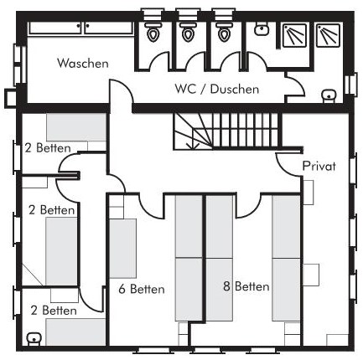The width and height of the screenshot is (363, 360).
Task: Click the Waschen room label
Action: pyautogui.click(x=83, y=63)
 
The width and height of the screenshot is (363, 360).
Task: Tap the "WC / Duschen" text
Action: pyautogui.click(x=217, y=89)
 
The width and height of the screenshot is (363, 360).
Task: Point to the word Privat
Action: pyautogui.click(x=319, y=166)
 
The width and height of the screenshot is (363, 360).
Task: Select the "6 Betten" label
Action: pyautogui.click(x=142, y=289)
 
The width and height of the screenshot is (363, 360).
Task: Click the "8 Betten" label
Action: pyautogui.click(x=246, y=286)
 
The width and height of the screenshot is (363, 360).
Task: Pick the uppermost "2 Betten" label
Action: pyautogui.click(x=48, y=147)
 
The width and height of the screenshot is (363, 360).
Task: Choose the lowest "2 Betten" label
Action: pyautogui.click(x=54, y=311)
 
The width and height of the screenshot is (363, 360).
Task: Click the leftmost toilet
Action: pyautogui.click(x=153, y=32)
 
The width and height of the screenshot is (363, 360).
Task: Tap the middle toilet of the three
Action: pyautogui.click(x=188, y=32)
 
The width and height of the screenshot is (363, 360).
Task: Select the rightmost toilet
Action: pyautogui.click(x=224, y=32)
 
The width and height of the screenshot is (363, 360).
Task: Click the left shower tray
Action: pyautogui.click(x=294, y=35)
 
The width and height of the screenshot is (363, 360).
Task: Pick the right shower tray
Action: pyautogui.click(x=328, y=34)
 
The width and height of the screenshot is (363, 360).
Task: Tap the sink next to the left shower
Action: pyautogui.click(x=262, y=29)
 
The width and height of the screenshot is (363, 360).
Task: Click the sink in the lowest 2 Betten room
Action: pyautogui.click(x=34, y=339)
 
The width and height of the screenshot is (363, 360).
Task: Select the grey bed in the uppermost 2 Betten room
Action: pyautogui.click(x=76, y=127)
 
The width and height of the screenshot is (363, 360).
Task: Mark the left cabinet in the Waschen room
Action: pyautogui.click(x=55, y=28)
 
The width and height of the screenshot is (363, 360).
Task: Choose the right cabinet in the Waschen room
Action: pyautogui.click(x=109, y=28)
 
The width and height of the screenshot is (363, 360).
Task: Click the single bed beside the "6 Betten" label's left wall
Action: pyautogui.click(x=122, y=249)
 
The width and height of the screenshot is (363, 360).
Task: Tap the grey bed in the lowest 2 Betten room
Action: pyautogui.click(x=75, y=332)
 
